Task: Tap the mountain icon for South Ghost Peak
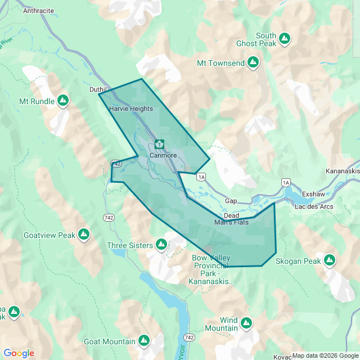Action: click(285, 38)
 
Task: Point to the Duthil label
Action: click(98, 89)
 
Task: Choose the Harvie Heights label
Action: click(130, 109)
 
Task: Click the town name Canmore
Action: click(163, 155)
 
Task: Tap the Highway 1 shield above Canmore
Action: click(160, 145)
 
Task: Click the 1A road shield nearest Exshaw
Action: click(286, 182)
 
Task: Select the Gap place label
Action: click(231, 201)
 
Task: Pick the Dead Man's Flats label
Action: click(231, 219)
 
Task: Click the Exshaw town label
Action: click(313, 194)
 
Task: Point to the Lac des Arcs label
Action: click(314, 206)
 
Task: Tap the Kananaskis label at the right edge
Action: click(343, 170)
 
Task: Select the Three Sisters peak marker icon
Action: click(161, 245)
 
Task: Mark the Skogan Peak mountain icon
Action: click(330, 260)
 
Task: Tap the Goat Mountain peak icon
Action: click(144, 341)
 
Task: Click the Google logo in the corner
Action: click(19, 353)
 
